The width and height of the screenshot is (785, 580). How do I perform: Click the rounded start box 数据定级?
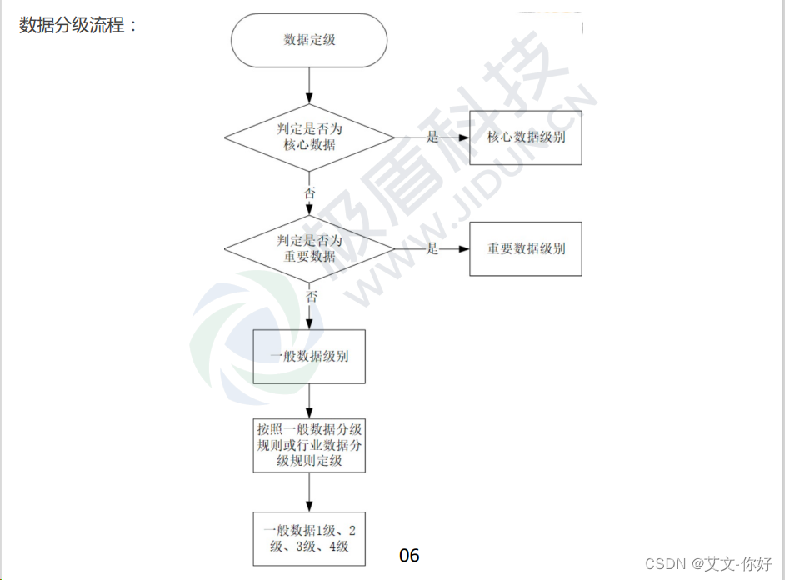pyautogui.click(x=309, y=39)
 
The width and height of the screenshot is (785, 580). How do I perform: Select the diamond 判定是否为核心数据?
pyautogui.click(x=309, y=137)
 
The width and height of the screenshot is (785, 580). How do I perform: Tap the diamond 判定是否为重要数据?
pyautogui.click(x=309, y=248)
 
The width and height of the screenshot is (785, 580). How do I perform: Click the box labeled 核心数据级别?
pyautogui.click(x=525, y=137)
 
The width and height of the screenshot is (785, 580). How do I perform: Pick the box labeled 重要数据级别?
pyautogui.click(x=525, y=248)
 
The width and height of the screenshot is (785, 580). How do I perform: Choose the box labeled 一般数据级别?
pyautogui.click(x=309, y=356)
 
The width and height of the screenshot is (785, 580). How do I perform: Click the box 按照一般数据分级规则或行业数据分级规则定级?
pyautogui.click(x=309, y=446)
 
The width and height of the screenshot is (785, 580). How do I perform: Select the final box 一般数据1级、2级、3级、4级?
pyautogui.click(x=309, y=538)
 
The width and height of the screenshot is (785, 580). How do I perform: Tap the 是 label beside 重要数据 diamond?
pyautogui.click(x=432, y=248)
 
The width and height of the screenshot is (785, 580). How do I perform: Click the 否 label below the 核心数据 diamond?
pyautogui.click(x=310, y=192)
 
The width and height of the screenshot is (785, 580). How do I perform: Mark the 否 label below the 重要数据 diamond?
pyautogui.click(x=310, y=296)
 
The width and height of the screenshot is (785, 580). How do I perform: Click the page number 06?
pyautogui.click(x=409, y=555)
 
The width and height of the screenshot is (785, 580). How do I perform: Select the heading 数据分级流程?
pyautogui.click(x=77, y=25)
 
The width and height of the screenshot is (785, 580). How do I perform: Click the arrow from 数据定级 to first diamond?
pyautogui.click(x=309, y=85)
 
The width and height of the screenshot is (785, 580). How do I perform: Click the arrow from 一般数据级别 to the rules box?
pyautogui.click(x=309, y=401)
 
